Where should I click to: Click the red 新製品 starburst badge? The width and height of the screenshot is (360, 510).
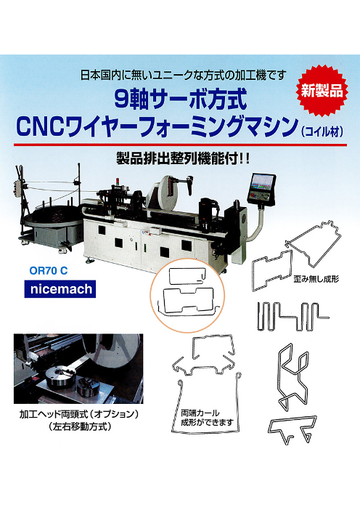click(x=322, y=91)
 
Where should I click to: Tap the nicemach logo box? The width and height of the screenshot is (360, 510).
click(x=60, y=289)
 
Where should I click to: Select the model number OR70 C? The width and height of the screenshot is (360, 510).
click(x=49, y=270)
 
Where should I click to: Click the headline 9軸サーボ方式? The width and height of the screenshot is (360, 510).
click(x=181, y=100)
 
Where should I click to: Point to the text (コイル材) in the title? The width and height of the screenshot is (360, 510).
click(x=322, y=131)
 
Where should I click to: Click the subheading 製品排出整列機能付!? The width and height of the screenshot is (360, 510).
click(x=183, y=159)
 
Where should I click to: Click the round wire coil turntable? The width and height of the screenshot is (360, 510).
click(x=54, y=217)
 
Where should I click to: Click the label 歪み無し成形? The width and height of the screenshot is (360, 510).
click(x=316, y=279)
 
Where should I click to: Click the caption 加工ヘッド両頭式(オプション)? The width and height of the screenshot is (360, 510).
click(x=79, y=414)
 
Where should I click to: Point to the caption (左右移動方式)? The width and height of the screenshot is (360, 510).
click(x=79, y=426)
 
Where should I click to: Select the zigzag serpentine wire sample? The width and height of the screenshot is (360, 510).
click(x=293, y=317)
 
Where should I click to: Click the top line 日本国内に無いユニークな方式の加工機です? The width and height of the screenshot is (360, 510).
click(x=183, y=76)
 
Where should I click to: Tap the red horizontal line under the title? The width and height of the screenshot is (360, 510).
click(x=180, y=145)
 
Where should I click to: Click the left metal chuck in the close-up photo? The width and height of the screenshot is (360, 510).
click(x=60, y=376)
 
